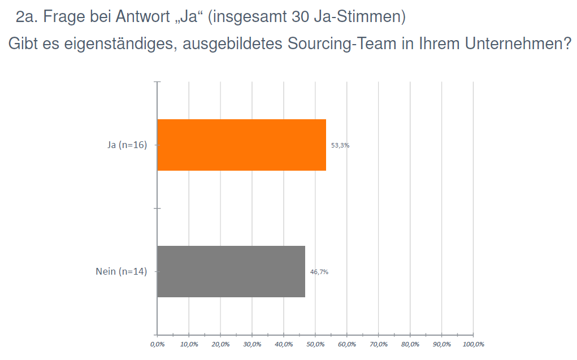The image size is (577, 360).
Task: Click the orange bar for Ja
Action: pyautogui.click(x=241, y=145)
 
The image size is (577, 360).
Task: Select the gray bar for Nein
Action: pyautogui.click(x=231, y=271)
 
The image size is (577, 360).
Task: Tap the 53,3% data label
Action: pyautogui.click(x=340, y=145)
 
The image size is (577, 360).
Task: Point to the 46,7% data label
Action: pyautogui.click(x=319, y=272)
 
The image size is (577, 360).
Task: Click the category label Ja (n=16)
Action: pyautogui.click(x=127, y=145)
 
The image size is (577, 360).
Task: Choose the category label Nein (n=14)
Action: pyautogui.click(x=122, y=272)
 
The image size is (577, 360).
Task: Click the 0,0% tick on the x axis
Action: pyautogui.click(x=157, y=344)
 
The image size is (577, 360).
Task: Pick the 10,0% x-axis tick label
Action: pyautogui.click(x=189, y=344)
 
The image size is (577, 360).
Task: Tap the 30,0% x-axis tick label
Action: pyautogui.click(x=252, y=344)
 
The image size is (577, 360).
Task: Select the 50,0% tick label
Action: pyautogui.click(x=315, y=344)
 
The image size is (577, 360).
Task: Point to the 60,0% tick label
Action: pyautogui.click(x=347, y=344)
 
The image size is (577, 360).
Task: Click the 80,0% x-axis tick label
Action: pyautogui.click(x=410, y=344)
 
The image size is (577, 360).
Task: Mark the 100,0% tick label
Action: pyautogui.click(x=474, y=344)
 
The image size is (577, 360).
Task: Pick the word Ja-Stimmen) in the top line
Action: pyautogui.click(x=362, y=17)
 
